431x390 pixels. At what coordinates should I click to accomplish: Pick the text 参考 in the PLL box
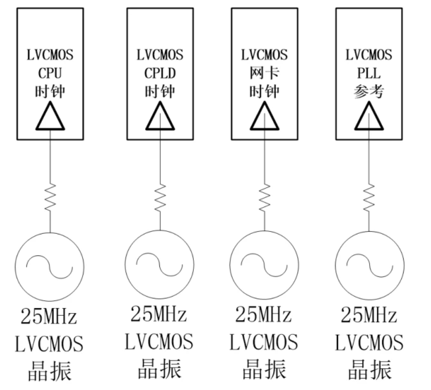[x=369, y=91]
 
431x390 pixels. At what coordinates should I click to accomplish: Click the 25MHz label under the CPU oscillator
[x=49, y=317]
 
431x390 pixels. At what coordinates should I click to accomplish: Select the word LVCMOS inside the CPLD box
[x=160, y=55]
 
